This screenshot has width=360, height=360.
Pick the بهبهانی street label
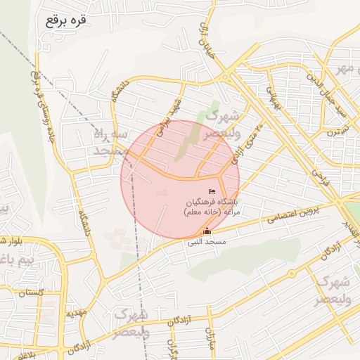click(273, 95)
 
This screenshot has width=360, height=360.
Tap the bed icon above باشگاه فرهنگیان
click(212, 192)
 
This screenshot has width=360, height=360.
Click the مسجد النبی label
click(206, 242)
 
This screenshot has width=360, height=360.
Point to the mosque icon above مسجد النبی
click(207, 231)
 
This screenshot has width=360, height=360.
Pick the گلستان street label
click(32, 292)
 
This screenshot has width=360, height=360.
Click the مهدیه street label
click(75, 314)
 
